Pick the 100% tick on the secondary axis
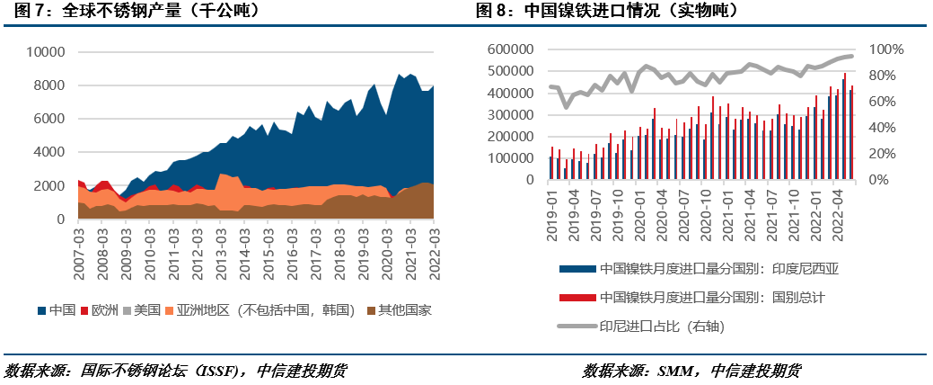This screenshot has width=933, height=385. click(887, 49)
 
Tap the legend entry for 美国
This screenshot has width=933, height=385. click(148, 310)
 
